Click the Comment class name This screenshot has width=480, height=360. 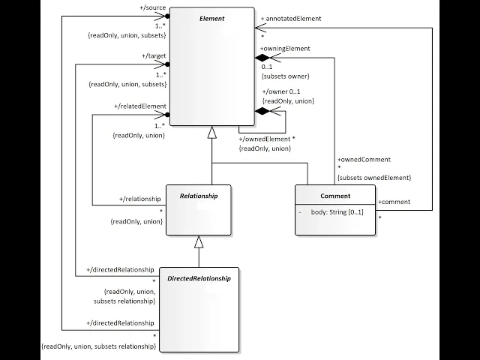point(334,196)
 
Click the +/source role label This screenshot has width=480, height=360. point(153,7)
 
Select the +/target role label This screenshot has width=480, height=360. point(154,56)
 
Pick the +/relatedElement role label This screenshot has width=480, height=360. point(139,107)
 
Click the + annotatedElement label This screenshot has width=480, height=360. point(292,18)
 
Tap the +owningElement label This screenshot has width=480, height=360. point(285,48)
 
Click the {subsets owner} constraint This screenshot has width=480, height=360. point(286,76)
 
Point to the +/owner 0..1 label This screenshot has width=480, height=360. point(282,91)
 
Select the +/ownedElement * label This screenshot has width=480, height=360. point(267,139)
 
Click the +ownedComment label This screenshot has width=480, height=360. point(364,159)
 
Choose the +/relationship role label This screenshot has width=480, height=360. point(140,199)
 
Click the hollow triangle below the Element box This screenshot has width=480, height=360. point(212,132)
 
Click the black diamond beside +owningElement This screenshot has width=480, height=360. point(262,58)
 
